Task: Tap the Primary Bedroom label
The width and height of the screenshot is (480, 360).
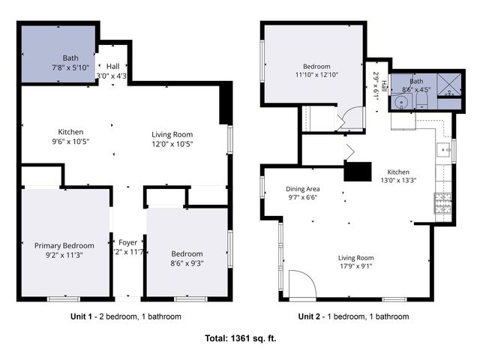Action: tap(64, 245)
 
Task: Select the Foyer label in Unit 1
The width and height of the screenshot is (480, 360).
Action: tap(128, 241)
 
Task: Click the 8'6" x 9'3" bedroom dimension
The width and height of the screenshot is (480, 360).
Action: tap(187, 263)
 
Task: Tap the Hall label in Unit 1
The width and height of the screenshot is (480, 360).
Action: tap(112, 66)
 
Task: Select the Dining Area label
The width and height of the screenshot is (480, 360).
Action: tap(303, 189)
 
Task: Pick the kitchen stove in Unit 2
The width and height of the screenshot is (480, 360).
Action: tap(440, 201)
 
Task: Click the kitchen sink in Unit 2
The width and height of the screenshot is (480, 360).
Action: tap(443, 148)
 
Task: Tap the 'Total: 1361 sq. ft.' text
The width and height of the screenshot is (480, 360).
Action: tap(241, 338)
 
